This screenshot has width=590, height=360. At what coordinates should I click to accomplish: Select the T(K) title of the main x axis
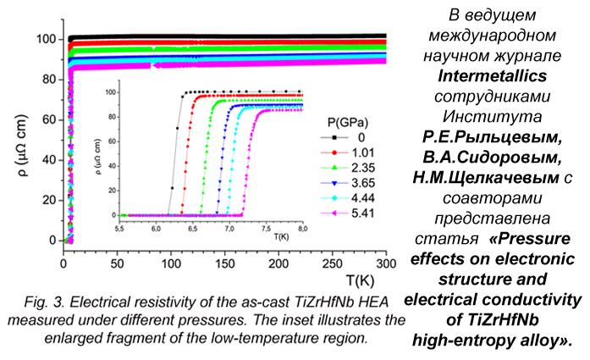click(x=365, y=279)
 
